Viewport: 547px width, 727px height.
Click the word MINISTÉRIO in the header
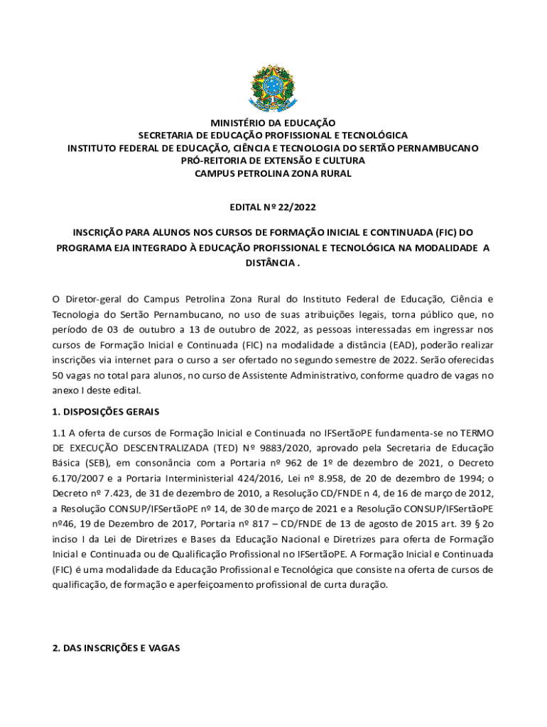(x=234, y=123)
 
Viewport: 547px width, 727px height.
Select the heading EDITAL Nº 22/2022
(x=273, y=207)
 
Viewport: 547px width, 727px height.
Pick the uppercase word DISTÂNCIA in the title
(x=269, y=263)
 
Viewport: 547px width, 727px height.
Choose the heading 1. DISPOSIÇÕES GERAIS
(x=106, y=412)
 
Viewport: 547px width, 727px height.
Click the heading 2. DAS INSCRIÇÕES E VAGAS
(x=117, y=648)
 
